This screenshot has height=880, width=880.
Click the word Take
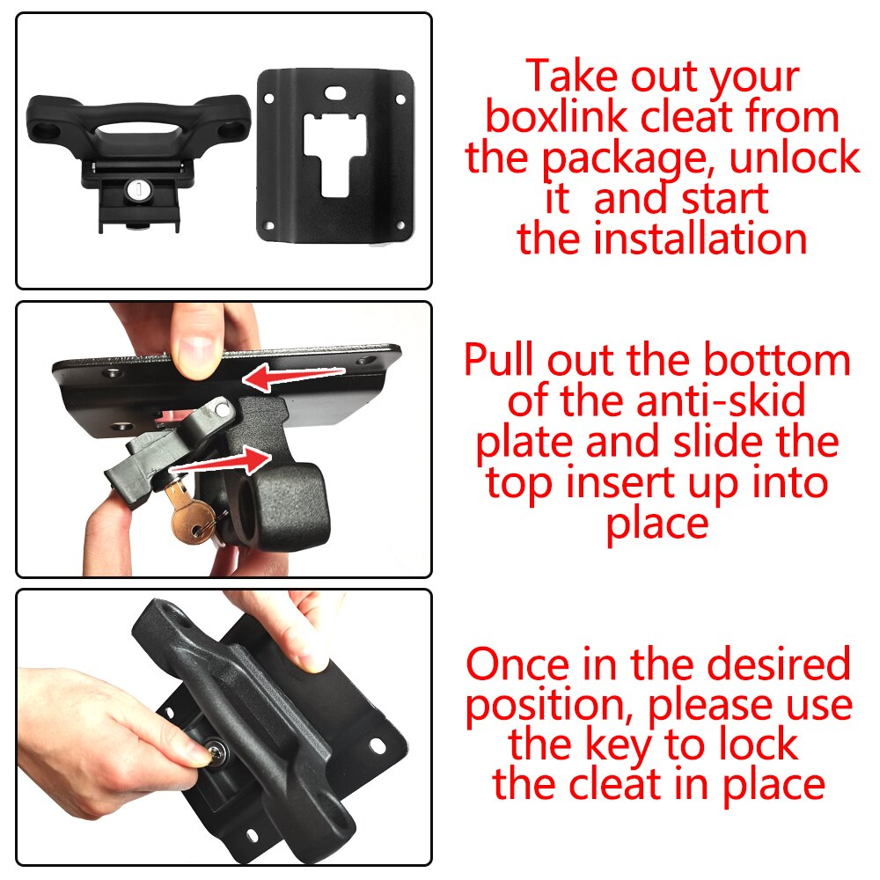point(572,77)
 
